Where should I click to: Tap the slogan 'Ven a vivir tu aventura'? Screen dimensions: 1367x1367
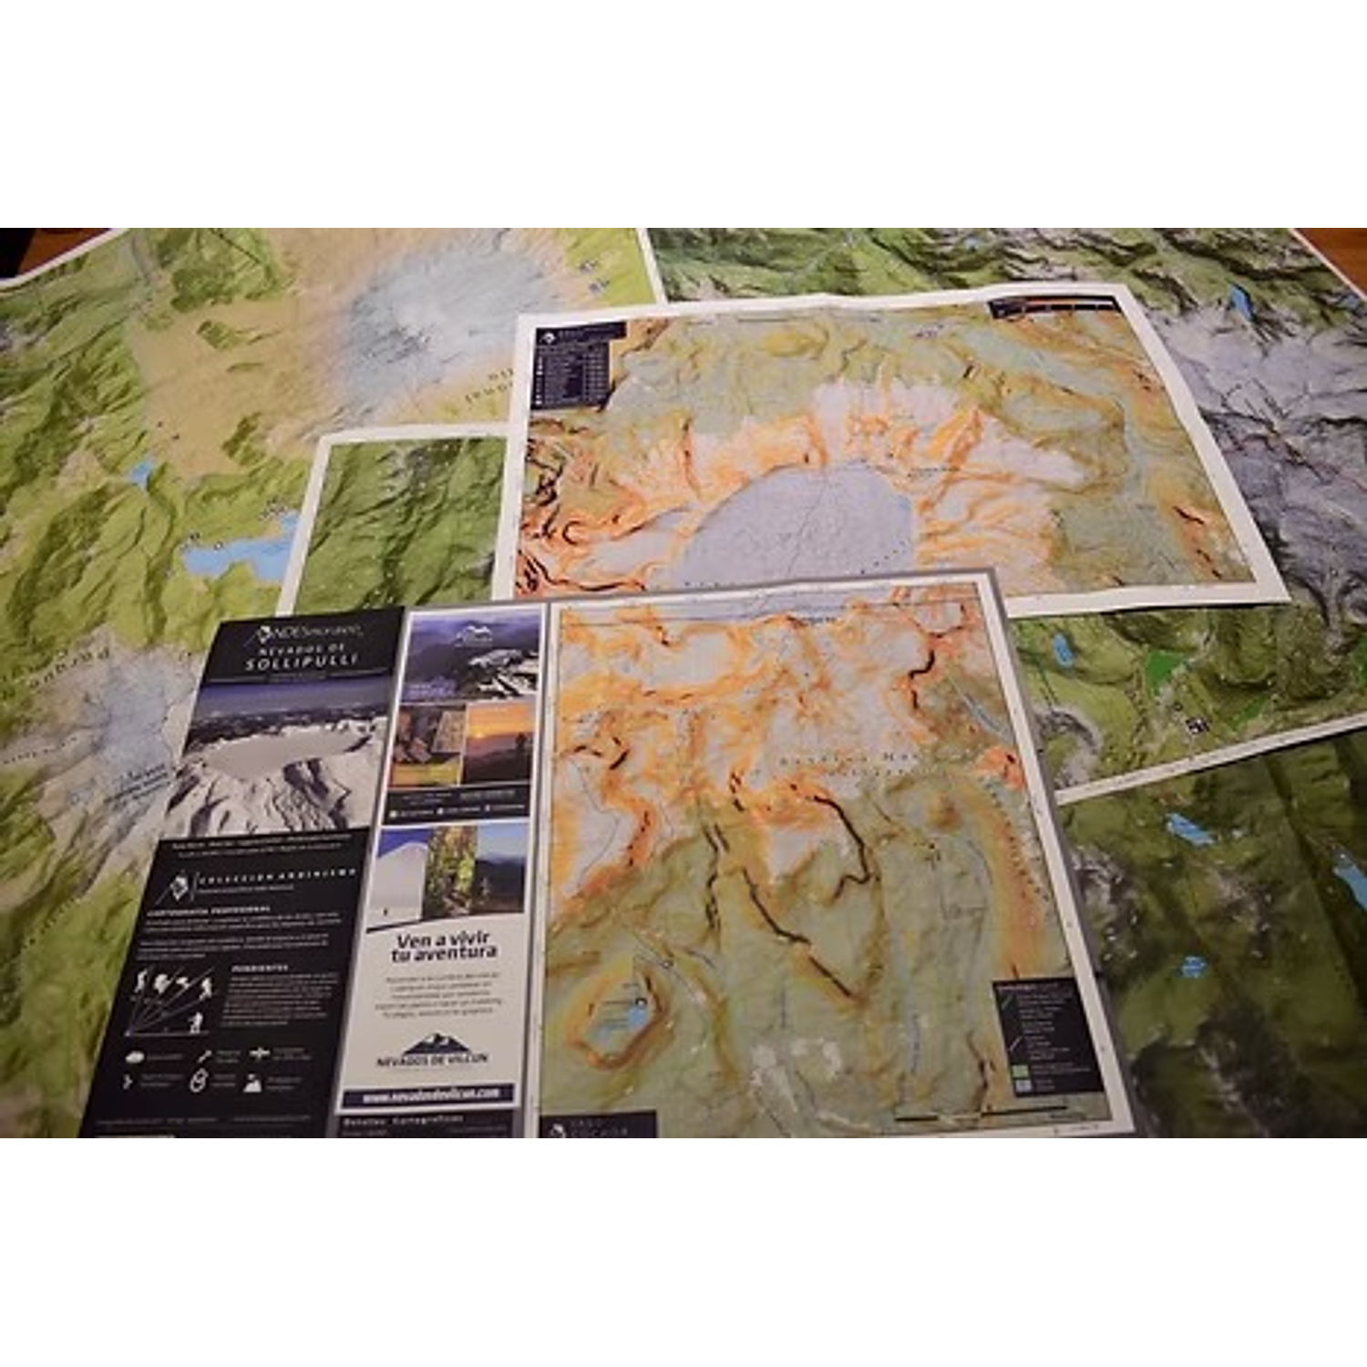point(444,946)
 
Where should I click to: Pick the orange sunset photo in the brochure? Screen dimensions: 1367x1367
point(497,740)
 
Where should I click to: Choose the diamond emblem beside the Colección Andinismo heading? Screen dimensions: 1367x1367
point(180,885)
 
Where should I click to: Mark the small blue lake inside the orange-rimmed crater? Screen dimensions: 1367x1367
point(629,1012)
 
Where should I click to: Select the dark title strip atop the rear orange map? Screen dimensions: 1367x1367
point(1055,305)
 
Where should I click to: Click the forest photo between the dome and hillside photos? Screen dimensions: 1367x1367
point(450,870)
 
